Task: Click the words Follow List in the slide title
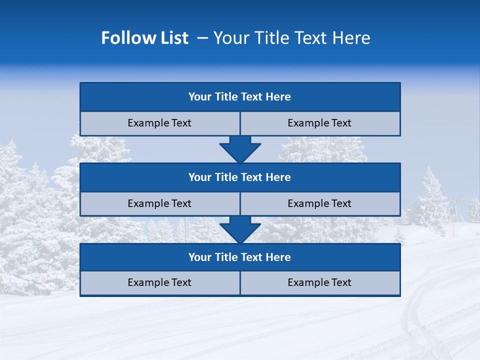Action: pos(144,38)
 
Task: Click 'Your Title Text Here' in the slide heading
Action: pos(291,38)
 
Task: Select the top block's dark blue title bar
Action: pos(240,97)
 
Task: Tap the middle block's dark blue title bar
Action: pos(240,177)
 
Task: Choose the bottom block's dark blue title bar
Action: pos(240,257)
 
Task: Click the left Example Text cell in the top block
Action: pos(159,123)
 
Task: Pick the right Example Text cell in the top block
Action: pos(320,123)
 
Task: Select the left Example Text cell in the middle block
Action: pos(159,204)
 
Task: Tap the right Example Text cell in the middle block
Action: pos(320,204)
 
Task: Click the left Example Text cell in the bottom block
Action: pos(159,283)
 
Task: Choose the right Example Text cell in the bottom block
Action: pos(320,283)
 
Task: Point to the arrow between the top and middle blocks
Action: pos(240,149)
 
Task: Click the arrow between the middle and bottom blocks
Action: pos(240,229)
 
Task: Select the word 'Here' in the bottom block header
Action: pos(278,257)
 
